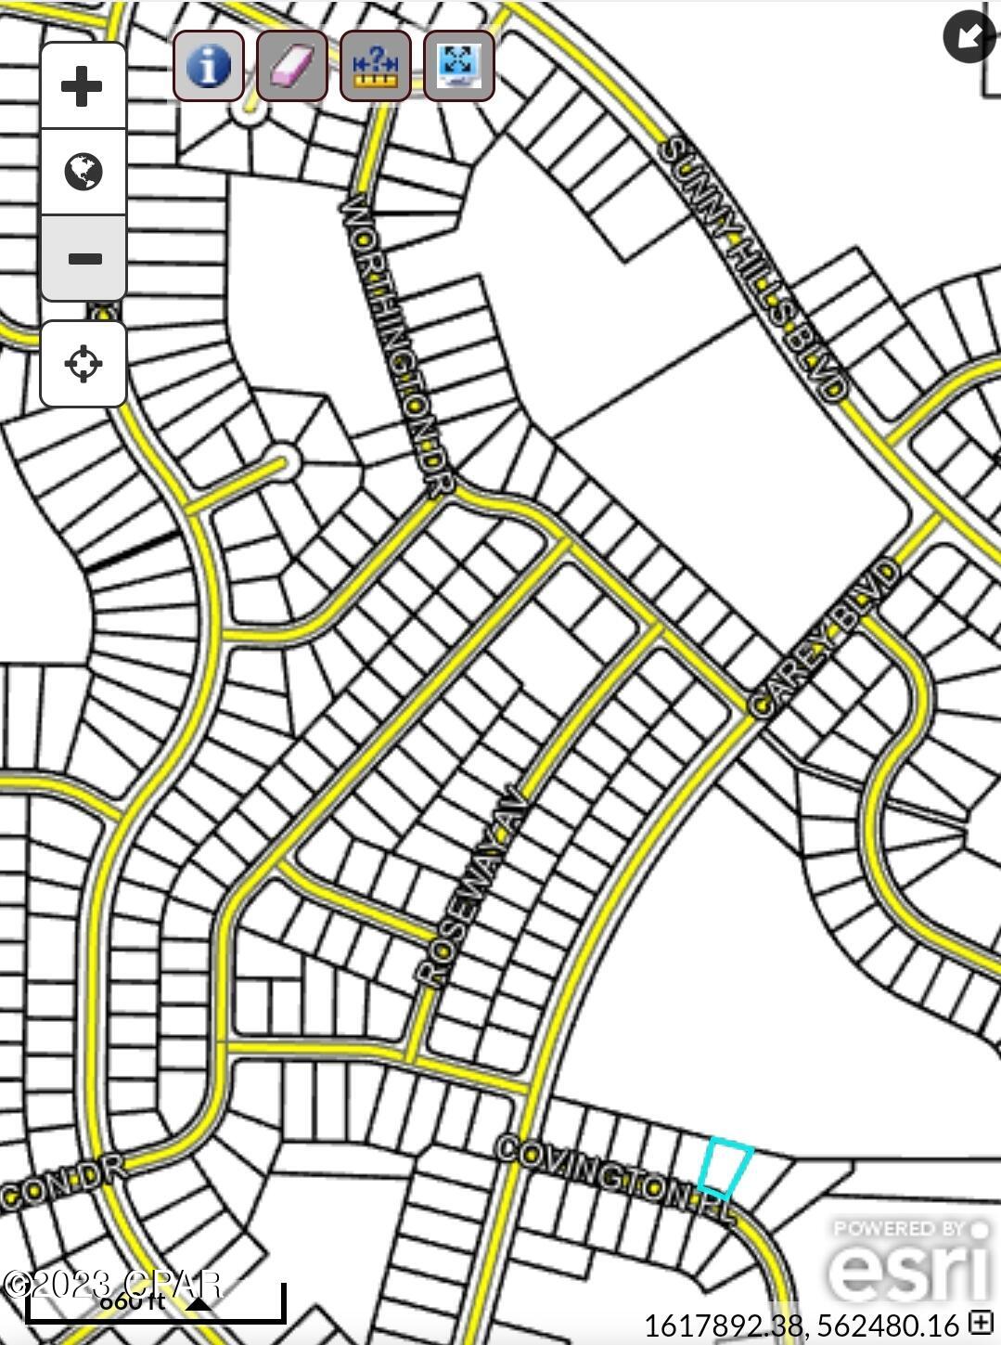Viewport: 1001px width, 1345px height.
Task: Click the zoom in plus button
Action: tap(83, 86)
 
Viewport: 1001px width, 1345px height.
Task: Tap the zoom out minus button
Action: tap(83, 258)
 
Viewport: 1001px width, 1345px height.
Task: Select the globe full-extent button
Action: tap(83, 172)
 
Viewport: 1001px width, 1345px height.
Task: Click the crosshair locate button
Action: tap(83, 363)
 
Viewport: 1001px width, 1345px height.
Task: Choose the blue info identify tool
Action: tap(209, 66)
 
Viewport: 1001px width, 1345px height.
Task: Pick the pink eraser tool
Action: tap(291, 66)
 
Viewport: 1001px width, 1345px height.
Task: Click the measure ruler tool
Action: tap(375, 66)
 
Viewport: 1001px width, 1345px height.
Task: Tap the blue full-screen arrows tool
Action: tap(458, 66)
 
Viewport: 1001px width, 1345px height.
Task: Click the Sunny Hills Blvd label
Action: tap(752, 268)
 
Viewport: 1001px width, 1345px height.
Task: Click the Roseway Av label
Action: tap(472, 892)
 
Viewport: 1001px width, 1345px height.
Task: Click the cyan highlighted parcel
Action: tap(725, 1168)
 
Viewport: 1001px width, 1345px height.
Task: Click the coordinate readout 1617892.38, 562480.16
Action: tap(801, 1325)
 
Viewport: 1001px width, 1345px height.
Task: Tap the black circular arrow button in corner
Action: tap(969, 36)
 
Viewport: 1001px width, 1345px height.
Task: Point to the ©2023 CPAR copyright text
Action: tap(111, 1285)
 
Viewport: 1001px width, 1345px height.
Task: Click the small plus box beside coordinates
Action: tap(981, 1322)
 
